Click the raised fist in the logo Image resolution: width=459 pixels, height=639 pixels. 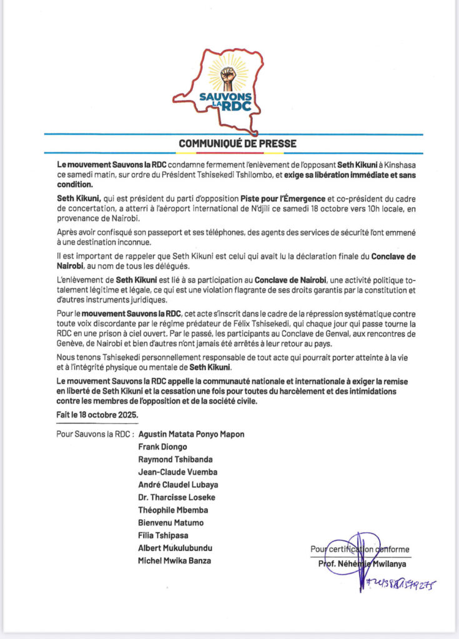pyautogui.click(x=229, y=78)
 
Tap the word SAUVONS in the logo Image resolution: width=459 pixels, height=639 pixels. pyautogui.click(x=229, y=97)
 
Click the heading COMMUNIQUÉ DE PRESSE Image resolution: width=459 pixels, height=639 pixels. pyautogui.click(x=238, y=144)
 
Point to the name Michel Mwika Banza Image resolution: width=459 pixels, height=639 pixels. pyautogui.click(x=174, y=561)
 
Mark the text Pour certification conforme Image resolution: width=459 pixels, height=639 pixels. pyautogui.click(x=360, y=549)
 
